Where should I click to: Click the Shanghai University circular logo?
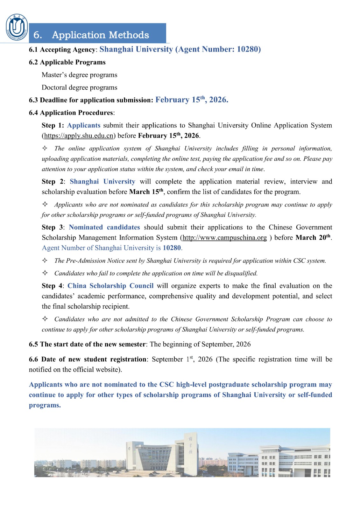[17, 27]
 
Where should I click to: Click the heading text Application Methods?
[100, 35]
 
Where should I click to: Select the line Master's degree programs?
[79, 75]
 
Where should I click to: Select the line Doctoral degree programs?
[79, 87]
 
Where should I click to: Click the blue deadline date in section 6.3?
[192, 100]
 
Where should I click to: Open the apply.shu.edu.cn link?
[79, 136]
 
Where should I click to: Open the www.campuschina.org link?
[224, 238]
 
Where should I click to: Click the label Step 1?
[53, 125]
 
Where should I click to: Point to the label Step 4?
[52, 286]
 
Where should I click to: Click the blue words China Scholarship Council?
[110, 286]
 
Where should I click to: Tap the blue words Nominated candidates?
[104, 227]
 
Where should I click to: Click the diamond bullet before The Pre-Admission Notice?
[45, 260]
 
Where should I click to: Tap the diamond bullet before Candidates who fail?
[45, 273]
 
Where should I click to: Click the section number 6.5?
[33, 344]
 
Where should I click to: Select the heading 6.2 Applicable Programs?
[67, 62]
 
